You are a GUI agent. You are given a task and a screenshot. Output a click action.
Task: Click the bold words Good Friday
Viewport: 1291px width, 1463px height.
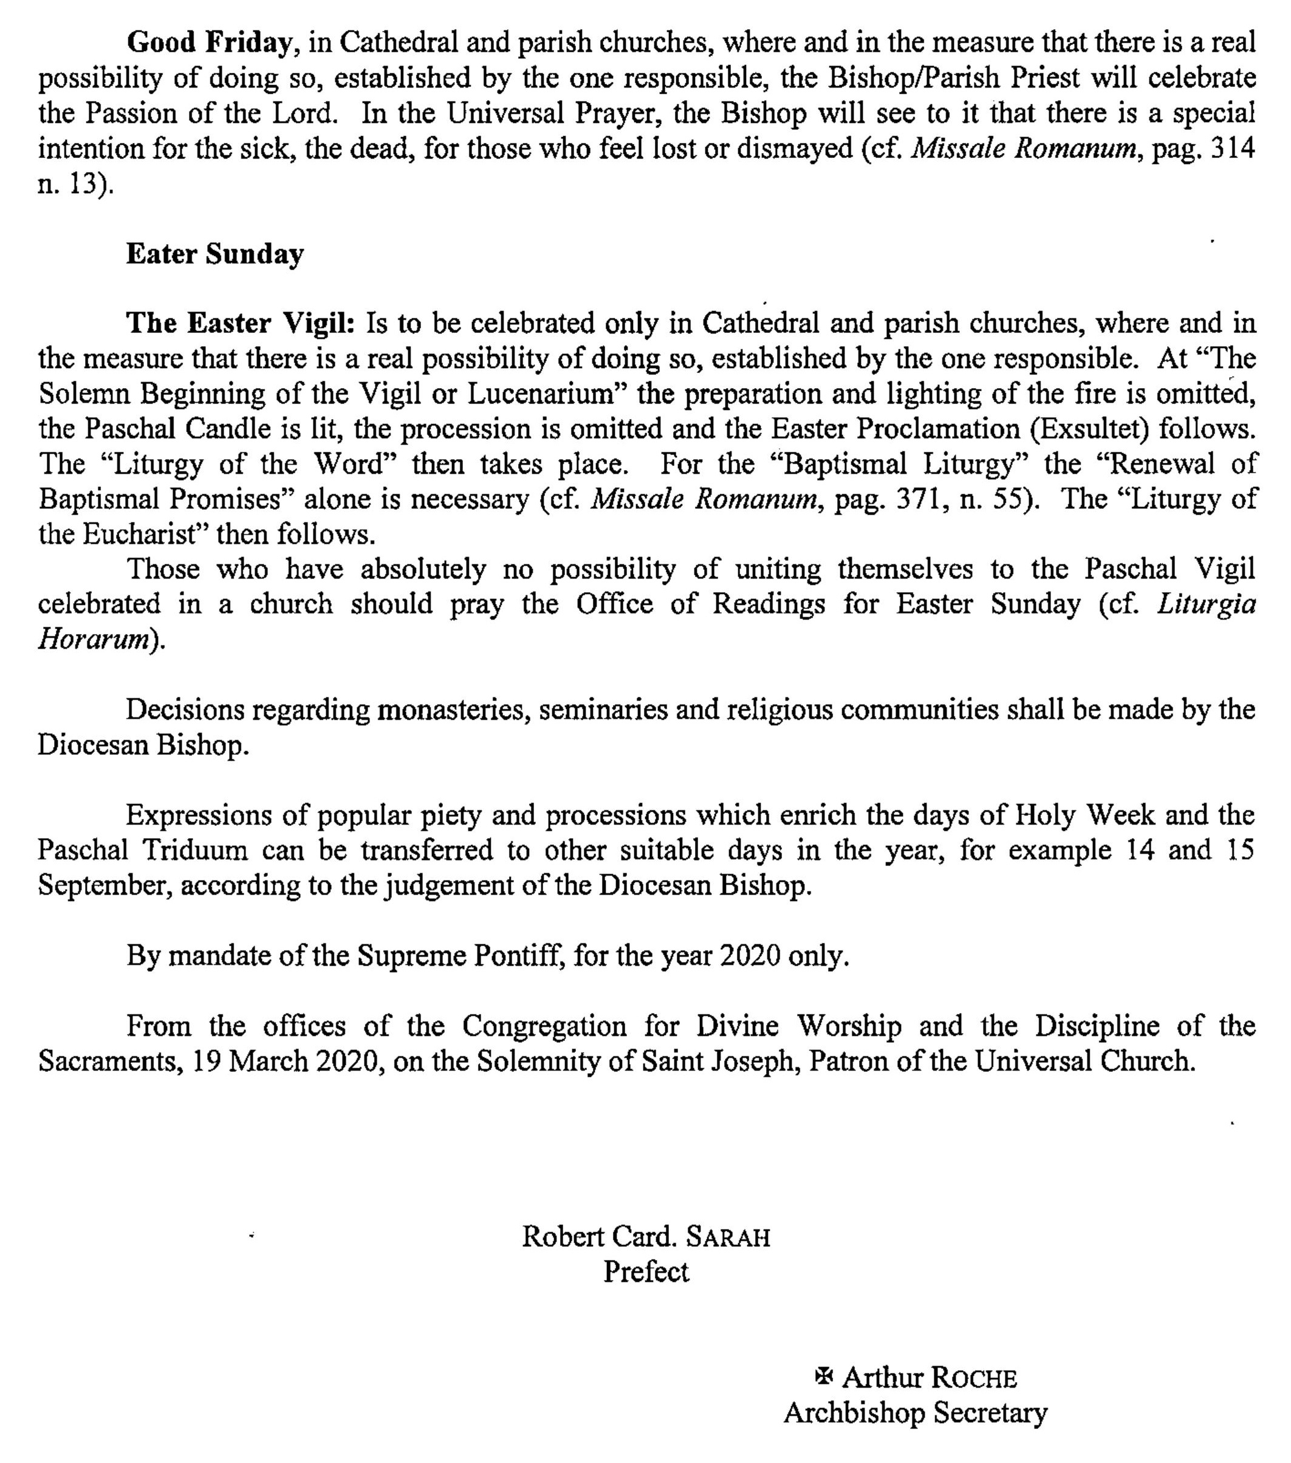[x=208, y=43]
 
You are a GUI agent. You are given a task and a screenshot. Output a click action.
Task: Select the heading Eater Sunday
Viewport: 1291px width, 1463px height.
[x=215, y=254]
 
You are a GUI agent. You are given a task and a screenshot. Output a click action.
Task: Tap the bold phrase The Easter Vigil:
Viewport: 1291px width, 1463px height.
[x=241, y=324]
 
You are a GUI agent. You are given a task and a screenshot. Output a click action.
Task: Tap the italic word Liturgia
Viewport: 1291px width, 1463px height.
[x=1207, y=604]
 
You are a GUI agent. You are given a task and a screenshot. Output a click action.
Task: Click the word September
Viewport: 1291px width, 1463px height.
[x=101, y=885]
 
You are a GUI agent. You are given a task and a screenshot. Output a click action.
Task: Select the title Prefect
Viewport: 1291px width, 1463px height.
[x=646, y=1272]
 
